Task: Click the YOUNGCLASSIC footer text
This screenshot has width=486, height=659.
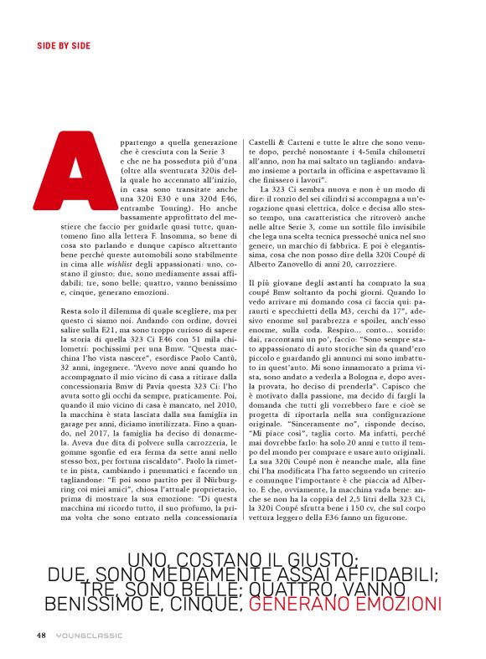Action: pos(84,634)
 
